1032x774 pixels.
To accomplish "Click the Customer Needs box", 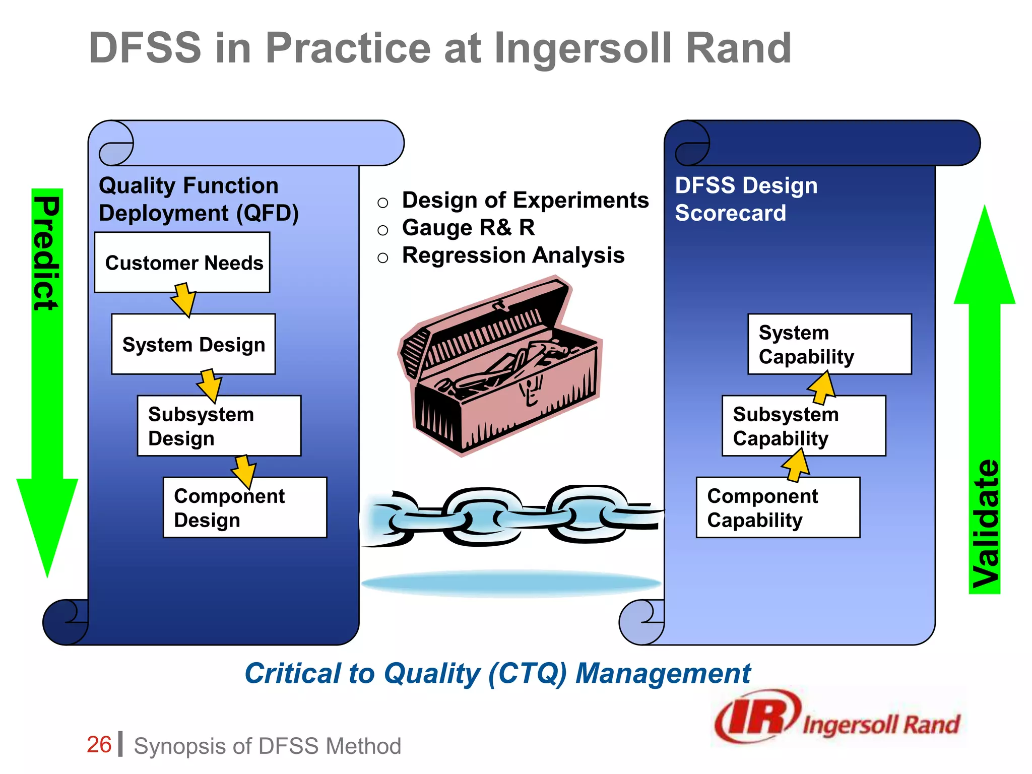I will point(182,263).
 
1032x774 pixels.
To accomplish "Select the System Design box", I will point(193,344).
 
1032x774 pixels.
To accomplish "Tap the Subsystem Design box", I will point(219,426).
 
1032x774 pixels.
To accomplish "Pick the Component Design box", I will point(245,508).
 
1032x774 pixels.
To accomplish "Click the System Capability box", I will point(829,344).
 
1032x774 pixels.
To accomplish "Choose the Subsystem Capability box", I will point(804,426).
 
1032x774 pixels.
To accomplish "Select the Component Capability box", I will point(778,508).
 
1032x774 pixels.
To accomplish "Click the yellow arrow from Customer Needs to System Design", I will point(184,299).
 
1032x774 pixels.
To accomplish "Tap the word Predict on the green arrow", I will point(47,253).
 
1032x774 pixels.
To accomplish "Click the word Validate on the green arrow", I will point(985,524).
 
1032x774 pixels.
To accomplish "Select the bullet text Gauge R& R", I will point(468,228).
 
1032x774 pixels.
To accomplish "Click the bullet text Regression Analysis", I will point(513,255).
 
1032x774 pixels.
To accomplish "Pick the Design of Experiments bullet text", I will point(525,200).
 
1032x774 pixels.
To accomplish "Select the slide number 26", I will point(99,745).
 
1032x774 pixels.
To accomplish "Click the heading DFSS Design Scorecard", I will point(746,199).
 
